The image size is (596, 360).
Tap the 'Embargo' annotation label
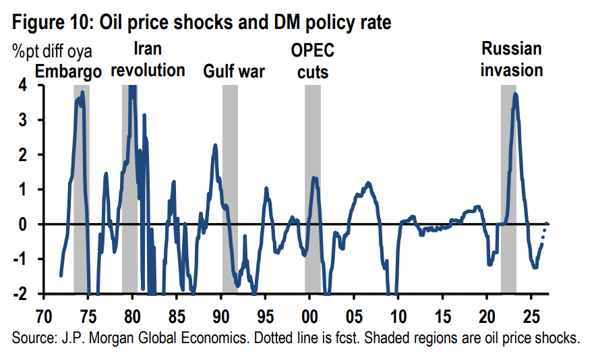tap(69, 71)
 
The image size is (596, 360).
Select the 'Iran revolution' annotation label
tap(148, 60)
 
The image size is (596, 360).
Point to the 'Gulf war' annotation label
tap(234, 71)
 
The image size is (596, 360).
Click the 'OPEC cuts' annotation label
tap(312, 61)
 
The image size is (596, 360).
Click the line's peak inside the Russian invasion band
tap(515, 94)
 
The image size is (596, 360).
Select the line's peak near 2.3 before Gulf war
tap(215, 145)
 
